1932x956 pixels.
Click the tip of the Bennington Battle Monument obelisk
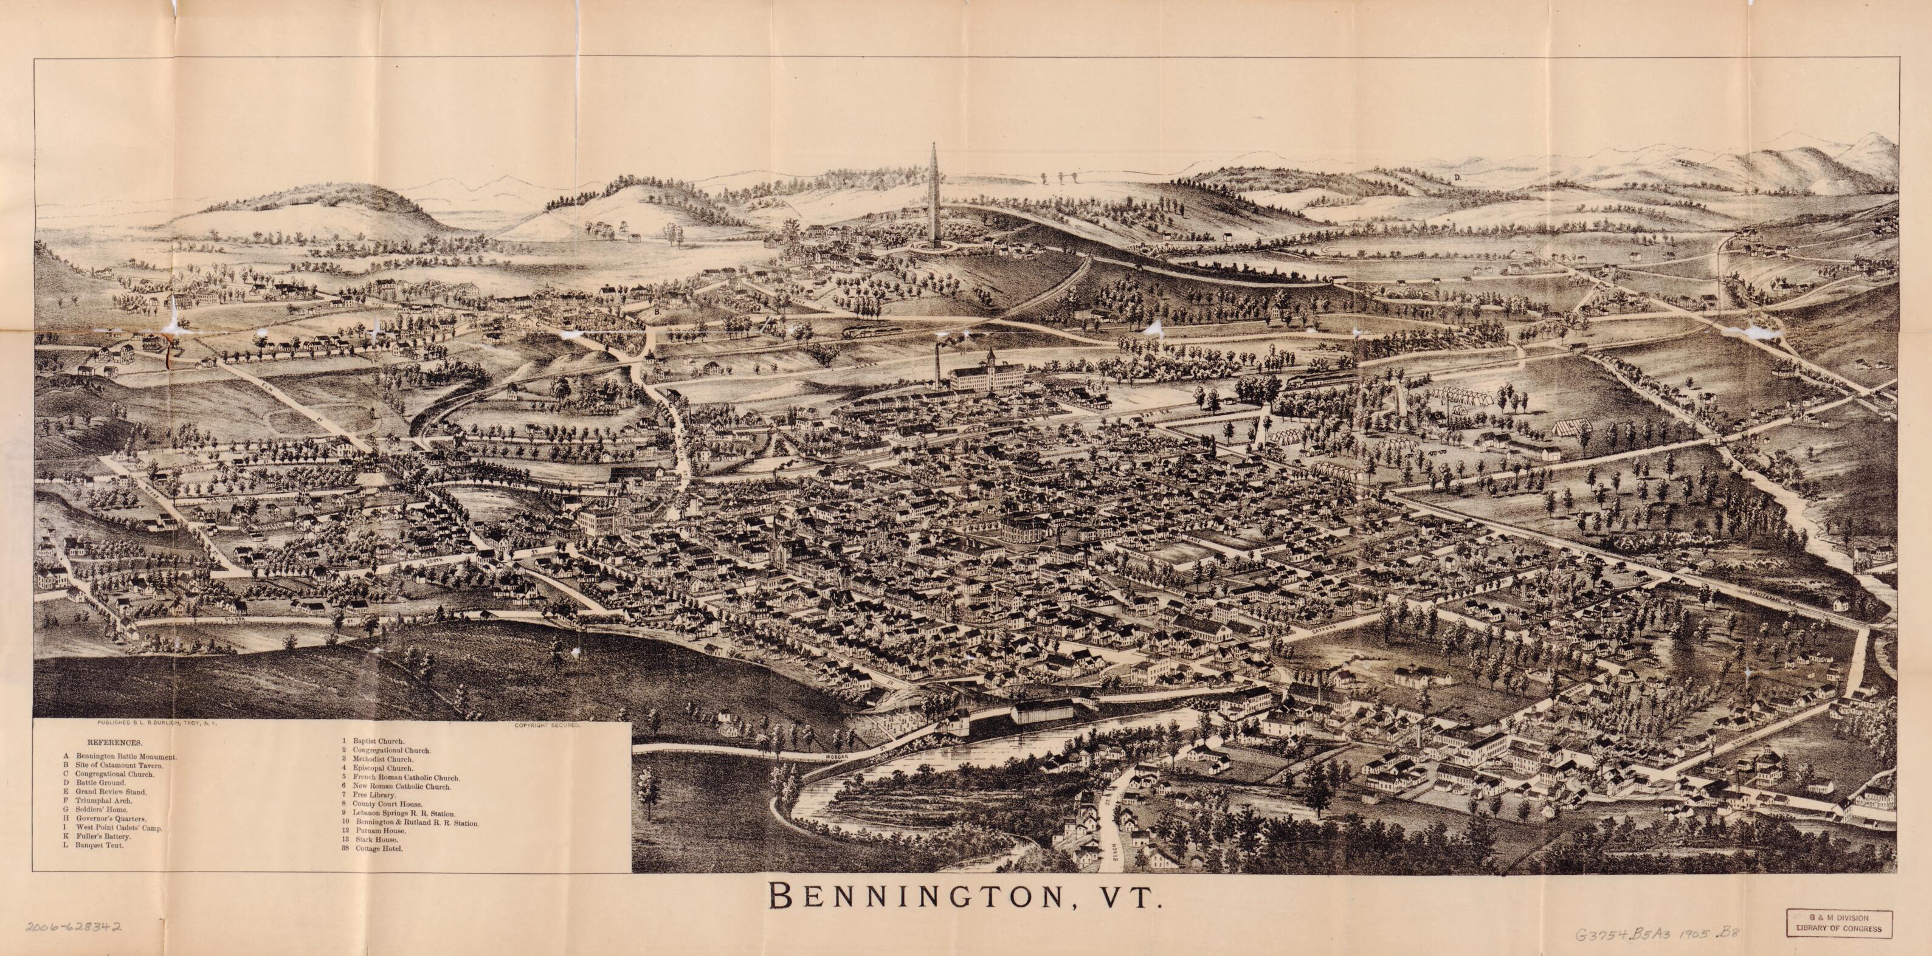[934, 143]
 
